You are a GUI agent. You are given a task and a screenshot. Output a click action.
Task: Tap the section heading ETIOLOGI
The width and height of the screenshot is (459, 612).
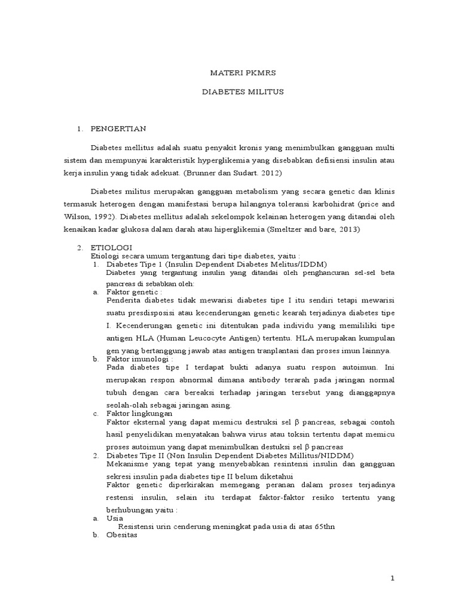(111, 247)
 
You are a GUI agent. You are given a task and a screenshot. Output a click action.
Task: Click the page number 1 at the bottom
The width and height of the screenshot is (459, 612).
(392, 579)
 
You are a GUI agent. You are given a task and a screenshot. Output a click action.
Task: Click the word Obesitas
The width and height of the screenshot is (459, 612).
(121, 535)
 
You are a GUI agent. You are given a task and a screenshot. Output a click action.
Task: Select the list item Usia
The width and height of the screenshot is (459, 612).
(114, 519)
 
